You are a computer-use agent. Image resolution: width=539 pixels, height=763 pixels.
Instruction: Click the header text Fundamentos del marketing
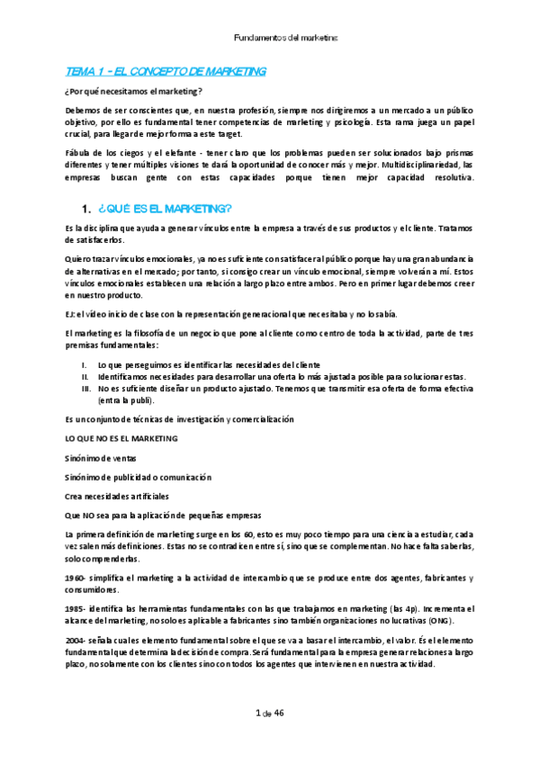click(x=285, y=39)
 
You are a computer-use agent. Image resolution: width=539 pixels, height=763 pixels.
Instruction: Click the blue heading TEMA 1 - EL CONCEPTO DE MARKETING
click(x=166, y=70)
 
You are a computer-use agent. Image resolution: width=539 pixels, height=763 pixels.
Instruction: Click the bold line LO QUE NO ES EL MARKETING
click(x=121, y=438)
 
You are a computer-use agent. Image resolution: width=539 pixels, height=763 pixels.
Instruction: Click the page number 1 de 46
click(x=270, y=714)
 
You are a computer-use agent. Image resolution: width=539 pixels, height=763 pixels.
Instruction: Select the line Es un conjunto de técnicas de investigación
click(x=179, y=419)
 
